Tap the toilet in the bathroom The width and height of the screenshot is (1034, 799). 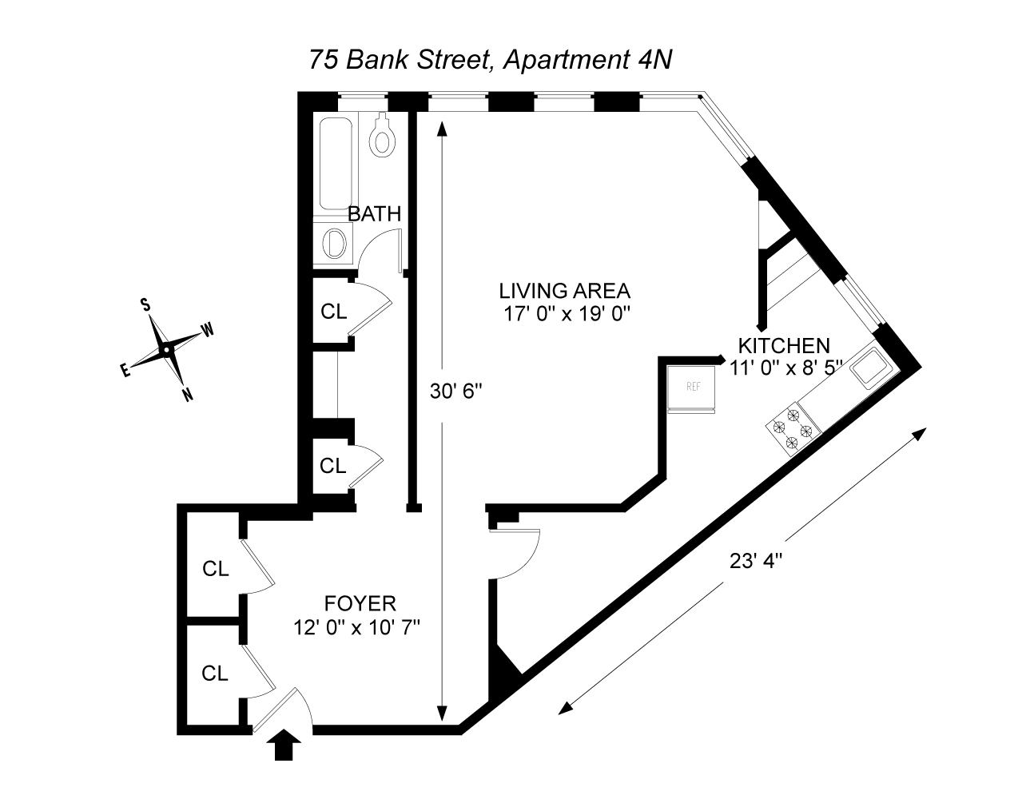(383, 137)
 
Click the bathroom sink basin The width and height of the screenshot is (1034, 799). (336, 242)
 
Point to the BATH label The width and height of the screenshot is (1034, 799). (374, 214)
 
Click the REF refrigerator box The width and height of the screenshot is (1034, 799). (692, 388)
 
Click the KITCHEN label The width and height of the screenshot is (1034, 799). (784, 346)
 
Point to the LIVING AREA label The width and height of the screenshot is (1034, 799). (565, 290)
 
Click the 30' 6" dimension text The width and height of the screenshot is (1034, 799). (456, 391)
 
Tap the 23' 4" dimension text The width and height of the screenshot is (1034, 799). (755, 561)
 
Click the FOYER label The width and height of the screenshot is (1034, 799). (360, 603)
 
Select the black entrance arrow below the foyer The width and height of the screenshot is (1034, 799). (285, 746)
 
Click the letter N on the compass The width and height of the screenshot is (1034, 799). (187, 395)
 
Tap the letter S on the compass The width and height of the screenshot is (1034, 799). (145, 304)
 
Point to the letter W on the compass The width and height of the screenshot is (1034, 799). (207, 330)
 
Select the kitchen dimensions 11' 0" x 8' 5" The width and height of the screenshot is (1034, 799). (786, 368)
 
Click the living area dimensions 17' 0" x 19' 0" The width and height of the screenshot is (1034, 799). (567, 313)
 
